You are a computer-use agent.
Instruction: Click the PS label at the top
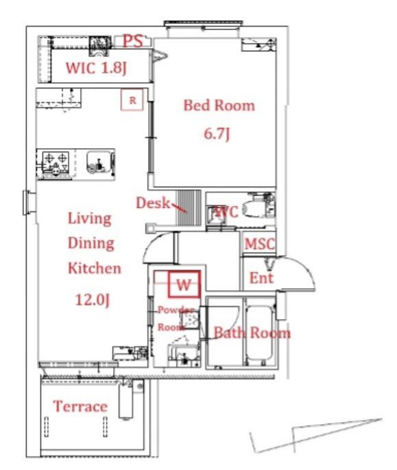[x=133, y=40]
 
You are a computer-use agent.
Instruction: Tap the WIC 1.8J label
[x=97, y=68]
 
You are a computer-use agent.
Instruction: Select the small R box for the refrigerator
[x=132, y=99]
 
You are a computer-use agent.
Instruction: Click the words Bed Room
[x=219, y=105]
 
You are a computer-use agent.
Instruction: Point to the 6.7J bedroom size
[x=217, y=133]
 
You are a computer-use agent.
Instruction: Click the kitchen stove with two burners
[x=56, y=163]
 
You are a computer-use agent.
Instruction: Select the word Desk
[x=153, y=203]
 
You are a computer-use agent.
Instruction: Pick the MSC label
[x=259, y=244]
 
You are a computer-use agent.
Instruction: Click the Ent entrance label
[x=261, y=278]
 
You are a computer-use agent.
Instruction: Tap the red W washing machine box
[x=184, y=284]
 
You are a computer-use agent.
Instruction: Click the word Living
[x=90, y=218]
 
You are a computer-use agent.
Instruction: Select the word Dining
[x=91, y=243]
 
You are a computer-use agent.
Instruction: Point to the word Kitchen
[x=95, y=268]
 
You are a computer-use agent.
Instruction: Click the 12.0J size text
[x=93, y=299]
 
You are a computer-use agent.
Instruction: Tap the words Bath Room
[x=252, y=333]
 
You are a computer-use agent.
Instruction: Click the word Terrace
[x=80, y=406]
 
